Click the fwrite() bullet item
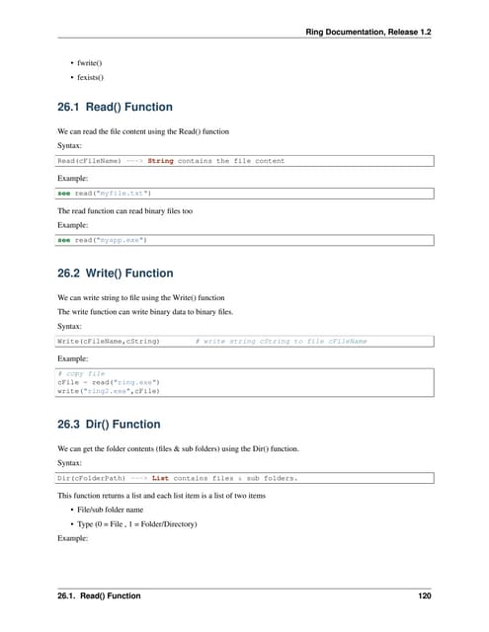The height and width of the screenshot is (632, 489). pyautogui.click(x=87, y=64)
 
